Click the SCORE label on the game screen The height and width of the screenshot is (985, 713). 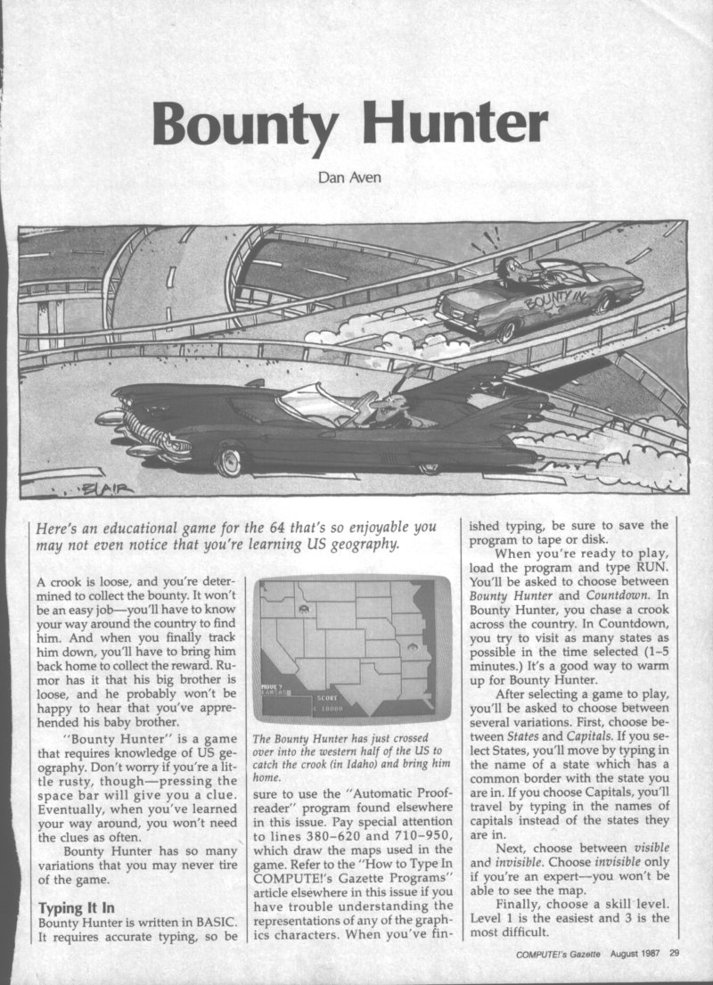(x=328, y=697)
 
